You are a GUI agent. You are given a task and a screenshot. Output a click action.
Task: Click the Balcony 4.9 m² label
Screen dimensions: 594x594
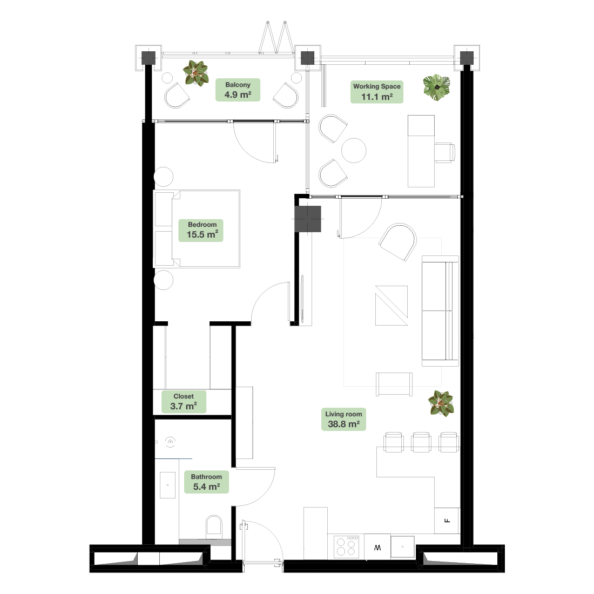[x=238, y=90]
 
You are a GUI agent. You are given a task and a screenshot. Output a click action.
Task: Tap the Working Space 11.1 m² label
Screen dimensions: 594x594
[x=376, y=92]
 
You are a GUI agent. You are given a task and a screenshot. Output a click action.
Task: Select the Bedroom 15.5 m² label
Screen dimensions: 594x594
[x=201, y=230]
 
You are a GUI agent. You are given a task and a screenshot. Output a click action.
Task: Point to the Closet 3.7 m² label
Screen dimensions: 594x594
[x=184, y=402]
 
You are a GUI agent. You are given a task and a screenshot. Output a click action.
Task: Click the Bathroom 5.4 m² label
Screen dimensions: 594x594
[x=206, y=482]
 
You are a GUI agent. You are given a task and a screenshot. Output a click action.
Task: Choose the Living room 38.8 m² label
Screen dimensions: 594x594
[x=343, y=420]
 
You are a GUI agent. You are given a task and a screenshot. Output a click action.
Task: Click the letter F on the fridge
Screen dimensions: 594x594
[x=448, y=521]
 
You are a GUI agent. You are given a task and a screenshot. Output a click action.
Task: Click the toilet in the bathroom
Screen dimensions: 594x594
[x=214, y=526]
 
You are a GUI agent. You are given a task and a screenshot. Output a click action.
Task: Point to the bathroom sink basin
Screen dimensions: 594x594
[x=167, y=485]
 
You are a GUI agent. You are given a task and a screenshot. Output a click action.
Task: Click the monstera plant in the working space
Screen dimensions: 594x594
[x=437, y=87]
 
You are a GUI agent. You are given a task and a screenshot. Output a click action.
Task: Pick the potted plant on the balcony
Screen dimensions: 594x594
[x=195, y=73]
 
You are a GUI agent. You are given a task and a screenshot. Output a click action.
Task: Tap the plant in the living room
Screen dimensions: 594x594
[x=441, y=403]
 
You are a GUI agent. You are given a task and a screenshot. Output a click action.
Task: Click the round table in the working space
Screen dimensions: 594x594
[x=354, y=151]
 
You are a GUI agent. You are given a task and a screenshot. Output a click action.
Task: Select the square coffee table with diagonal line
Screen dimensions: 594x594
[x=391, y=305]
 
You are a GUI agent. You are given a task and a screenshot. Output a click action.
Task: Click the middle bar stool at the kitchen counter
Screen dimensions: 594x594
[x=421, y=442]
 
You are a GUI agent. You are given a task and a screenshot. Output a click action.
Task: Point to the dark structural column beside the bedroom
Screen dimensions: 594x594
[x=308, y=219]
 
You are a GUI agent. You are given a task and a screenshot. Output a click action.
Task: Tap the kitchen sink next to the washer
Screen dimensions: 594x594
[x=403, y=546]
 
